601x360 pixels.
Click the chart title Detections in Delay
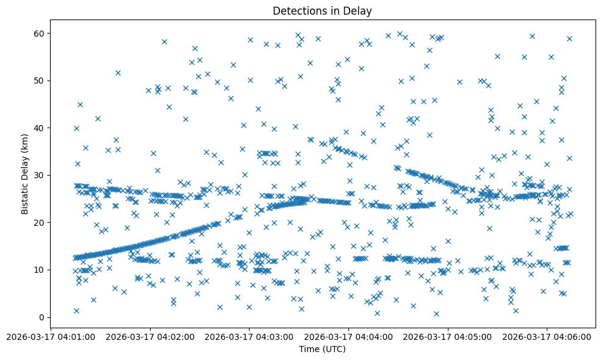(322, 11)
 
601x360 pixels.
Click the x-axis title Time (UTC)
(322, 349)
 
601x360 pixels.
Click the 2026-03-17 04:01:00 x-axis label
(50, 336)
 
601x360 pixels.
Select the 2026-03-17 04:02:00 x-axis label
(149, 336)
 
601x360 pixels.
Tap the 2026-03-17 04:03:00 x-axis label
(249, 336)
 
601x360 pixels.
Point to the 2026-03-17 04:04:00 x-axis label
(348, 336)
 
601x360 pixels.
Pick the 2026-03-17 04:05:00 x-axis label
(448, 336)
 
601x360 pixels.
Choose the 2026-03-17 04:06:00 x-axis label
(547, 336)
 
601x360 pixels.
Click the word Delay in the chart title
(359, 11)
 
